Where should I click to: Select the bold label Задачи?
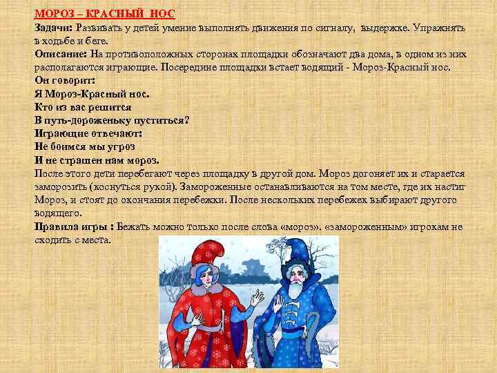tap(55, 28)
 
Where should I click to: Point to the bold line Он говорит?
tap(64, 80)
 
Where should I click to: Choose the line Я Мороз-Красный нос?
tap(92, 93)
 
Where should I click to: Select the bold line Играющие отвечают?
tap(88, 133)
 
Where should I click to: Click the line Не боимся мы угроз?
tap(84, 146)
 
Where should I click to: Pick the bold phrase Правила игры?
tap(72, 227)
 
